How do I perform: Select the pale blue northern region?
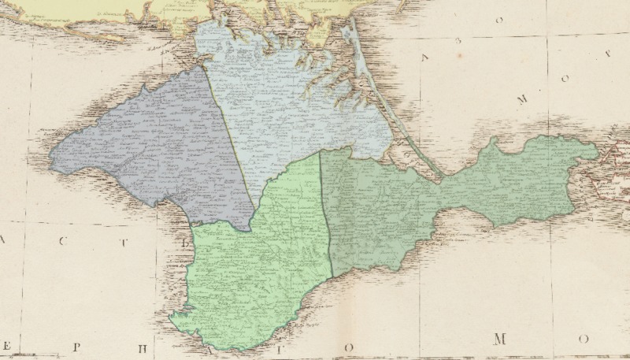[291, 102]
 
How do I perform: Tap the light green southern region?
[252, 268]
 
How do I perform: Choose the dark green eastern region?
[378, 213]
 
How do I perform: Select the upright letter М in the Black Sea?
[500, 340]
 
